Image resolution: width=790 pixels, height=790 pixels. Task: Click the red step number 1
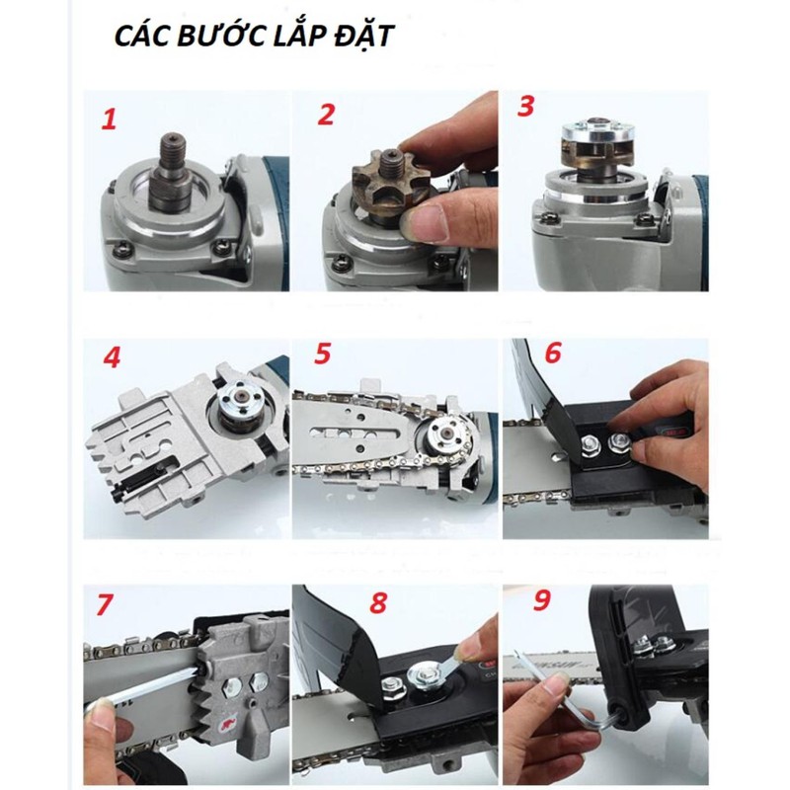point(109,120)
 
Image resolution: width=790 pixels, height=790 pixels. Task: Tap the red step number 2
point(326,115)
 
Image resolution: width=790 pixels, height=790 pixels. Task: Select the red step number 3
point(525,107)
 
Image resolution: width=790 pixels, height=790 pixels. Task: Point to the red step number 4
point(112,358)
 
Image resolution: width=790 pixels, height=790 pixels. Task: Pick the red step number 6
point(553,353)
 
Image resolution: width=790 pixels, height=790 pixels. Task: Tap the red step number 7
point(104,604)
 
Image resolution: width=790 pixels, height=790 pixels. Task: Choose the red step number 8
point(379,602)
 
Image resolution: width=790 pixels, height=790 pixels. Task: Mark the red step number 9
point(541,599)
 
